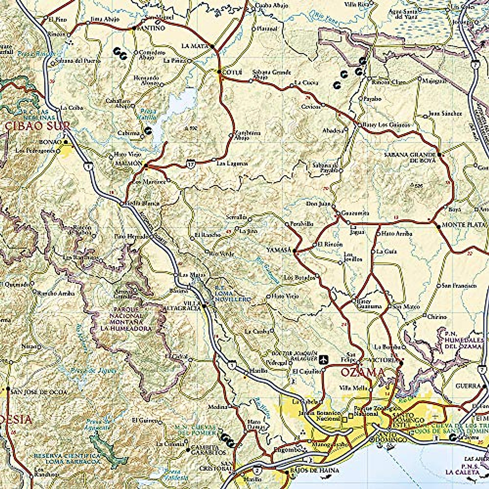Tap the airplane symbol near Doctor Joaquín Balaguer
pyautogui.click(x=324, y=359)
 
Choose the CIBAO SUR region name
pyautogui.click(x=38, y=126)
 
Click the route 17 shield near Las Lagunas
pyautogui.click(x=192, y=164)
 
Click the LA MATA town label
pyautogui.click(x=194, y=46)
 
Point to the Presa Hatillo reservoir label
pyautogui.click(x=148, y=113)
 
